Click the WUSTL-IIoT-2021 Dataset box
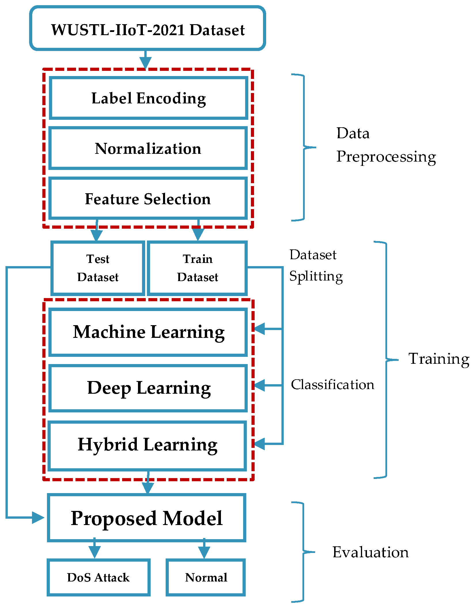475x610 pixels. [147, 29]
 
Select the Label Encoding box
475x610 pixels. [148, 98]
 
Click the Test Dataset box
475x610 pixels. [98, 268]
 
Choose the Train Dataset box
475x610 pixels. [198, 268]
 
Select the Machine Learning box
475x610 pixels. [148, 332]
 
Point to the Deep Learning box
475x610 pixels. [148, 388]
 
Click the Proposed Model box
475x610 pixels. [147, 518]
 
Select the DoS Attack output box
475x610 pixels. [99, 577]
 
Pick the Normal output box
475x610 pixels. [206, 577]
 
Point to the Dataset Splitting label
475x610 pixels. [316, 266]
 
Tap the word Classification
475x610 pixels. [332, 385]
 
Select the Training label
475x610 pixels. [438, 359]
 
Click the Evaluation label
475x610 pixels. [370, 552]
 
